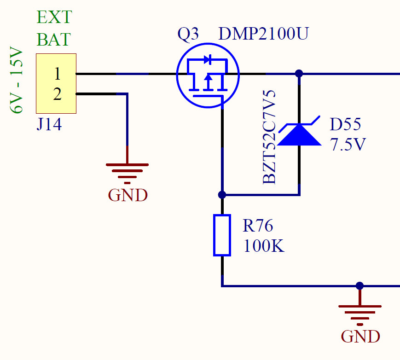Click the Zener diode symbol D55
[300, 134]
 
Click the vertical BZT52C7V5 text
[270, 137]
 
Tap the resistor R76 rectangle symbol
[222, 235]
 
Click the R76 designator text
[258, 226]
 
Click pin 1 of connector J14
[57, 74]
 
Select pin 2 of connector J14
[57, 94]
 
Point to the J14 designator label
[49, 124]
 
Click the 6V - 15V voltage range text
[17, 80]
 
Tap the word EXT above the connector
[54, 17]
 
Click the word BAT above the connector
[53, 39]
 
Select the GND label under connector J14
[128, 195]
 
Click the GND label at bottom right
[360, 336]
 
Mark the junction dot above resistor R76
[222, 195]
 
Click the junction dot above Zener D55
[299, 73]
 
